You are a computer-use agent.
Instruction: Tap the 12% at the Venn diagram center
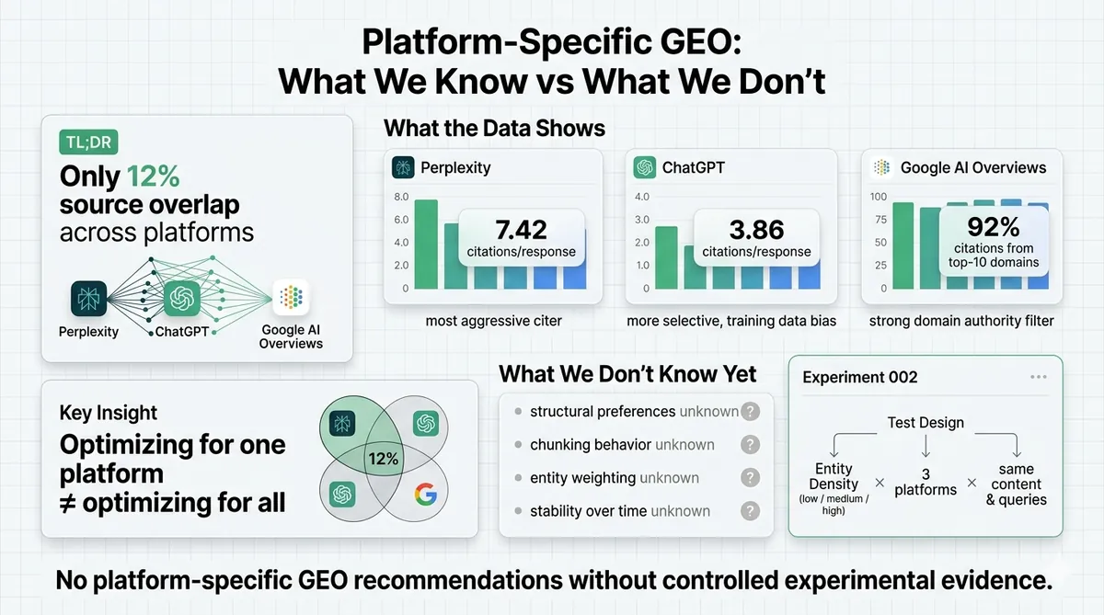(x=382, y=458)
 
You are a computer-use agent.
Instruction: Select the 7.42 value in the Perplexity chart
(x=521, y=229)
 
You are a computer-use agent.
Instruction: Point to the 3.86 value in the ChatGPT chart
(x=756, y=229)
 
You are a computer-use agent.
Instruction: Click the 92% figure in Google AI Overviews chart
(x=993, y=226)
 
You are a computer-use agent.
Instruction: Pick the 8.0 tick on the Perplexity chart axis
(x=401, y=197)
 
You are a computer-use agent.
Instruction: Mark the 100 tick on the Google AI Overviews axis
(x=878, y=197)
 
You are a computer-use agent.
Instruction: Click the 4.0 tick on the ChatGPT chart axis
(x=642, y=197)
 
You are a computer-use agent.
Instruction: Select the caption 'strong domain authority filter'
(x=962, y=322)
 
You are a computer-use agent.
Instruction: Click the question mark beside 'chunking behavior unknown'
(x=751, y=445)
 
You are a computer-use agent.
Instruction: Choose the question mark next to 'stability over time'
(x=751, y=511)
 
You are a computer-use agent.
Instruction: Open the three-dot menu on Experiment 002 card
(x=1039, y=377)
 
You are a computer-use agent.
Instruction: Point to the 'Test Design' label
(x=926, y=423)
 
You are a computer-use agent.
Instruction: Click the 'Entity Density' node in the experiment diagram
(x=834, y=477)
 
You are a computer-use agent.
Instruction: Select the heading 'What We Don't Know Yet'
(x=627, y=374)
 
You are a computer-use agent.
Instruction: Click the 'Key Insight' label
(x=109, y=413)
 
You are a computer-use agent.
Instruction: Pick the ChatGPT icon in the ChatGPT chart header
(x=645, y=167)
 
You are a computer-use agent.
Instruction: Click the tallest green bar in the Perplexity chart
(x=426, y=244)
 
